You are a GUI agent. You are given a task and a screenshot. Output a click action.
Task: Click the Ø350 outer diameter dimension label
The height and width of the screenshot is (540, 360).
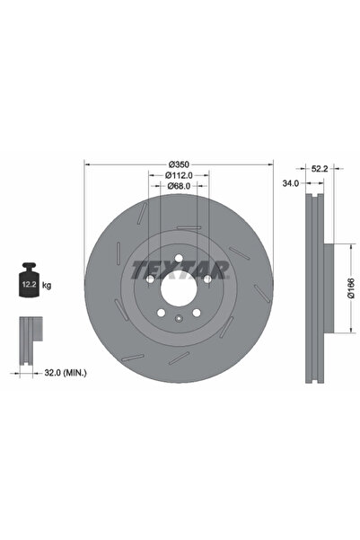pos(179,164)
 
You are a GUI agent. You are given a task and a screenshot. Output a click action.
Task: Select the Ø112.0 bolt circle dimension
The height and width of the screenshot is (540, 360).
pos(179,175)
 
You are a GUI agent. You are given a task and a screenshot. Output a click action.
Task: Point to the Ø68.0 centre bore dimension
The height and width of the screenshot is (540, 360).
pos(179,186)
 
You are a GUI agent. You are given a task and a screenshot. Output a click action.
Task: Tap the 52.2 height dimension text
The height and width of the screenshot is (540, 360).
pos(320,168)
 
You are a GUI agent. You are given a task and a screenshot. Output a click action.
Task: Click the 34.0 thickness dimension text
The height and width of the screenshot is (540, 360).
pos(291,183)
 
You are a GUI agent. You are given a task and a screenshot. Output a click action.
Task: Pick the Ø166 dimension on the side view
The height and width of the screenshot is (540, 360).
pos(351,288)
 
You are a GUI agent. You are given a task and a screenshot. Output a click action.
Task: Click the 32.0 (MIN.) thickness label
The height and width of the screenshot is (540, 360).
pos(66,373)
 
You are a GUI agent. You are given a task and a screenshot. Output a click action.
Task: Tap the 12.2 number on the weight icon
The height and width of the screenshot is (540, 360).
pos(29,285)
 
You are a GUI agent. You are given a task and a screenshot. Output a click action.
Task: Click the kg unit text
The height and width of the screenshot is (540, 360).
pos(47,285)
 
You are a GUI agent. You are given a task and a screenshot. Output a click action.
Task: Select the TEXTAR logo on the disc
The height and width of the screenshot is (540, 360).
pos(180,270)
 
